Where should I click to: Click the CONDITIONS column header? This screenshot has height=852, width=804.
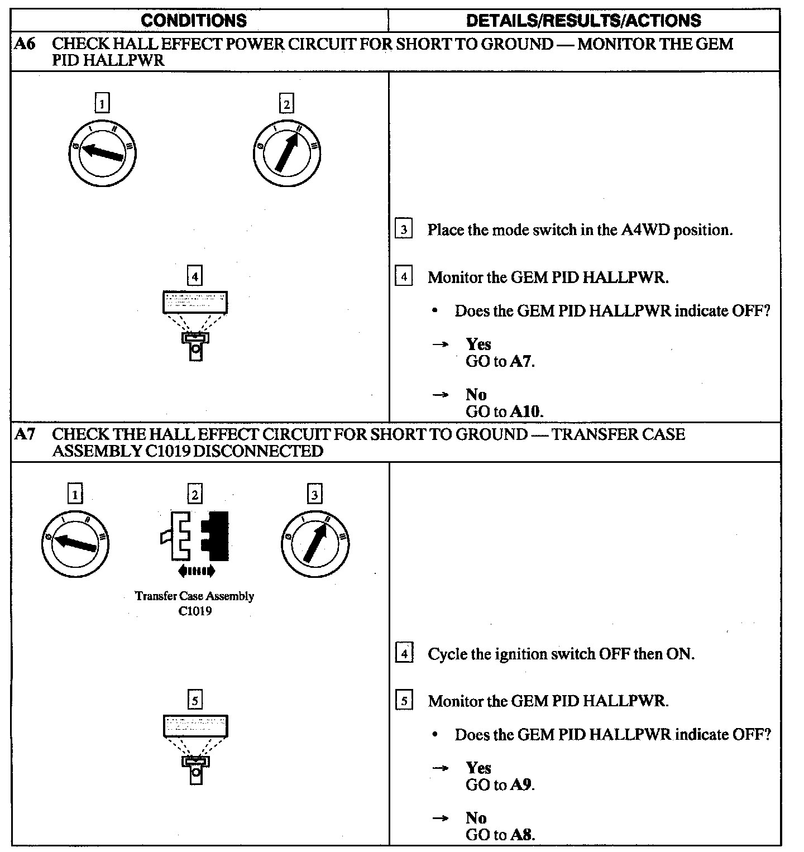click(194, 21)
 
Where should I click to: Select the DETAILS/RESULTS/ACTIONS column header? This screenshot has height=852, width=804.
click(583, 21)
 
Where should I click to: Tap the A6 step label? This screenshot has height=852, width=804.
click(25, 44)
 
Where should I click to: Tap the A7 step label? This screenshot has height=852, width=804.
click(25, 434)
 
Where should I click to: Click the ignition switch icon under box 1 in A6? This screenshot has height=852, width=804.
click(102, 152)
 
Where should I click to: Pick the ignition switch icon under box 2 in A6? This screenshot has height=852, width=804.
click(286, 152)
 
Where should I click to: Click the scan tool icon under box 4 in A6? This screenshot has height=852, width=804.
click(195, 324)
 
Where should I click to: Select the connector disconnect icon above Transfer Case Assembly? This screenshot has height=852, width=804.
click(195, 537)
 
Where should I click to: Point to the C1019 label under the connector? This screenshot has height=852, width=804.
click(195, 611)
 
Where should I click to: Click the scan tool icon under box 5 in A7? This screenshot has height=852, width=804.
click(195, 748)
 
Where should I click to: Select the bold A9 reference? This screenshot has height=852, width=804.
click(521, 785)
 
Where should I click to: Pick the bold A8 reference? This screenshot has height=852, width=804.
click(521, 835)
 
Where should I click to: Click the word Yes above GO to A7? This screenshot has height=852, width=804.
click(478, 344)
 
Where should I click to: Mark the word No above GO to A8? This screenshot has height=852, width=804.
click(476, 818)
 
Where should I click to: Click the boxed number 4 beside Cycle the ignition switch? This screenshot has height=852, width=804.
click(404, 653)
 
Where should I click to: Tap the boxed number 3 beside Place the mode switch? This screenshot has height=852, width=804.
click(404, 229)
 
